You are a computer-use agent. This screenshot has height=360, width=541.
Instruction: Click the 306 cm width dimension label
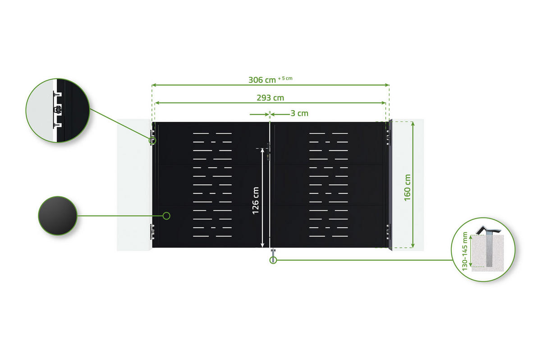tap(262, 80)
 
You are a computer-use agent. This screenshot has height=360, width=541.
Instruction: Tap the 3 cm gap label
tap(299, 113)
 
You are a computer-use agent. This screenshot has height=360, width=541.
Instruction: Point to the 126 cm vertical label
tap(256, 200)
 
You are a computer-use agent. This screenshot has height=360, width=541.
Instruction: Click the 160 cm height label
tap(408, 187)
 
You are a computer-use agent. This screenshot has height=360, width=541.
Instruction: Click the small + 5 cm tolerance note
tap(285, 78)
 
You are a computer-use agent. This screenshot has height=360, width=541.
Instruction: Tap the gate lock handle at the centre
tap(268, 151)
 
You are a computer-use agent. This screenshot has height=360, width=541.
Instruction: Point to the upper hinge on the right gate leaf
tap(388, 136)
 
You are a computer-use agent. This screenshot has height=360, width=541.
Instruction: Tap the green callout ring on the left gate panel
tap(166, 216)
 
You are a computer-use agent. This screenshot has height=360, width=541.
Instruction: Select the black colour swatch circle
tap(57, 216)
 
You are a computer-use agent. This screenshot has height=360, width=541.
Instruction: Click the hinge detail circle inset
tap(57, 111)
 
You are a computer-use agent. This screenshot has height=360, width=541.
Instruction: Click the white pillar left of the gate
tap(134, 185)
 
